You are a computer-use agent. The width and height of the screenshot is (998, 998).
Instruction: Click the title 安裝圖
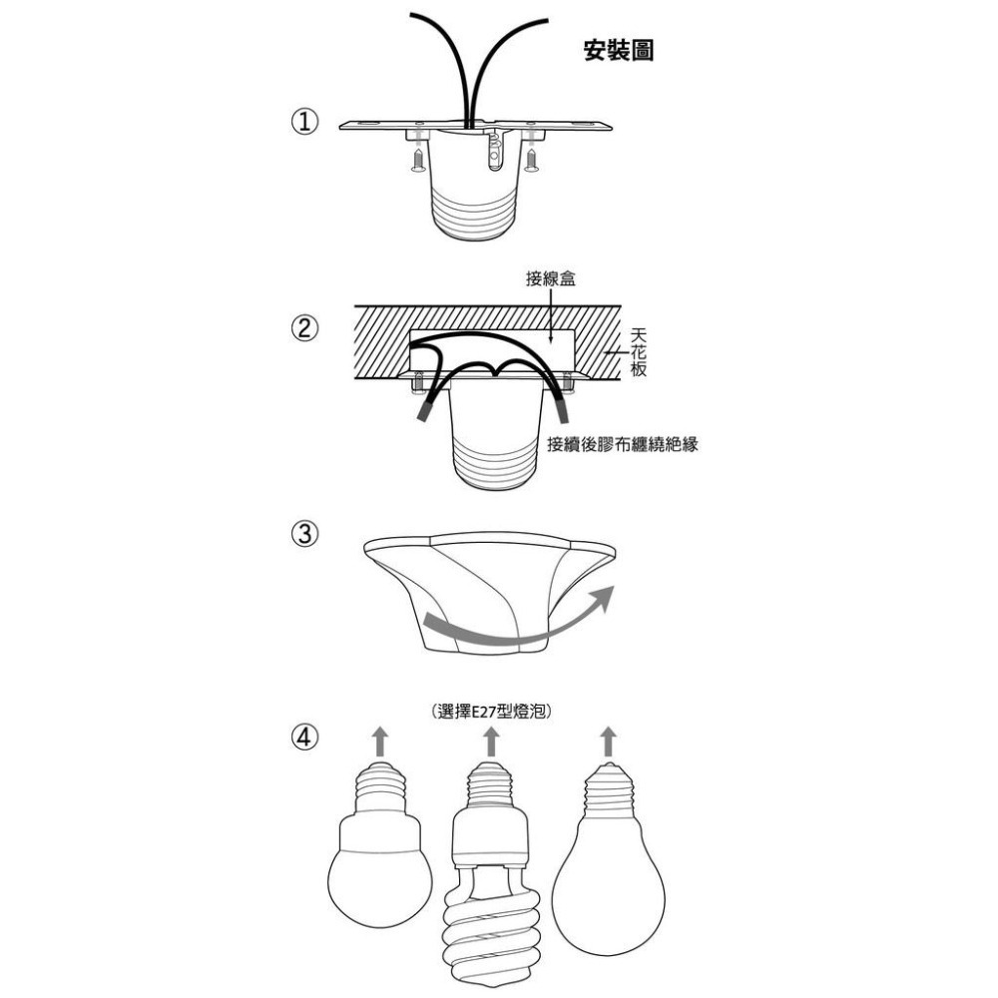click(619, 51)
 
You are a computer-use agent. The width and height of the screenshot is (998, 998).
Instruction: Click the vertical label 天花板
click(640, 352)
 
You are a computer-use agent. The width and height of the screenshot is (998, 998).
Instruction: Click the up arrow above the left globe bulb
click(379, 742)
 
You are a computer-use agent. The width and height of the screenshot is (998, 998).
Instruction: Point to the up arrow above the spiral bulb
click(490, 742)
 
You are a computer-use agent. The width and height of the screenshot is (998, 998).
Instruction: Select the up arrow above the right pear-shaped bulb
click(608, 742)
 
